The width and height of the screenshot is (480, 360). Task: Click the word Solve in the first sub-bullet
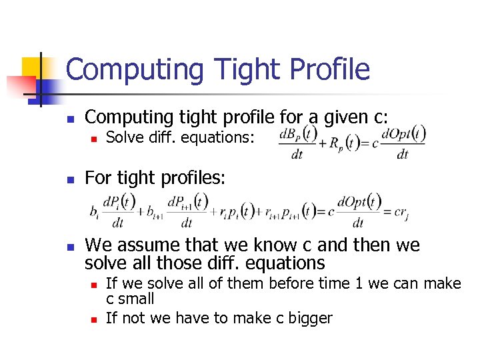124,138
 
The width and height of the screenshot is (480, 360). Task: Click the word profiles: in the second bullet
193,178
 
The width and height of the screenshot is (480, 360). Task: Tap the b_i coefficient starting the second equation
94,213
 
